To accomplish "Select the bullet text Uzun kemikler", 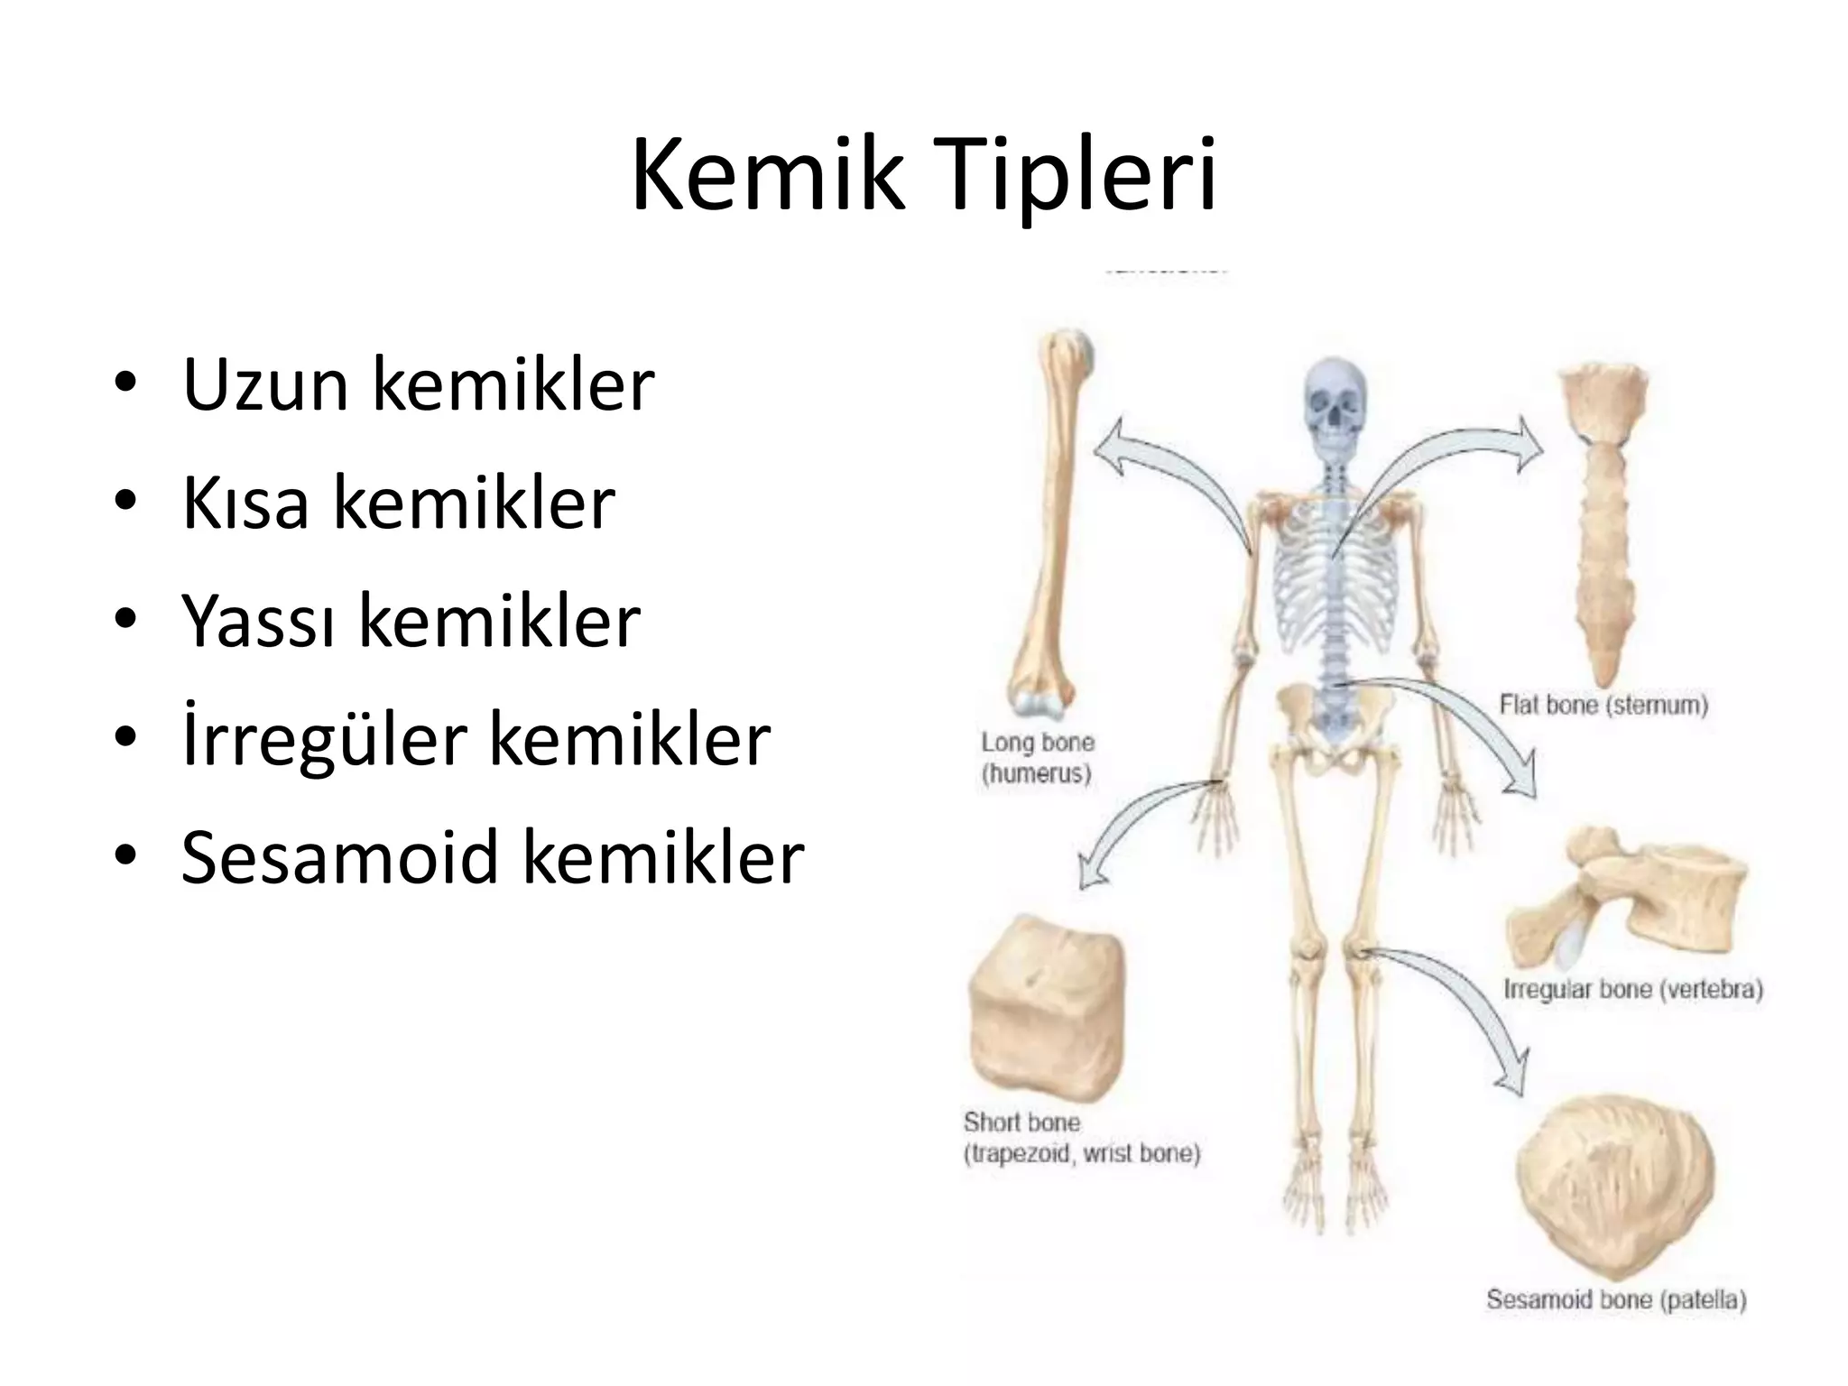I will pos(418,385).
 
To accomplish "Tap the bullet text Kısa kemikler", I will pos(398,503).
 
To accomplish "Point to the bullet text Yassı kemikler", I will pos(411,621).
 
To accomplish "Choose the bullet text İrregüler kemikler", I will pos(476,739).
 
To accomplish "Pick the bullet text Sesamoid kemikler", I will pos(492,857).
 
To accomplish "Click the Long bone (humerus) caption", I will pos(1038,758).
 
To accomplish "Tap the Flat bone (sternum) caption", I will pos(1603,705).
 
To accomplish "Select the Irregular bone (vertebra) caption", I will pos(1632,990).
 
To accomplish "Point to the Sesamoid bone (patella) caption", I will pos(1616,1300).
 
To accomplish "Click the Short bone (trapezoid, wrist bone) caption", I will pos(1081,1138).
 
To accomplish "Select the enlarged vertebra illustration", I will pos(1624,902).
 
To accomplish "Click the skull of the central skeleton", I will pos(1335,411).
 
